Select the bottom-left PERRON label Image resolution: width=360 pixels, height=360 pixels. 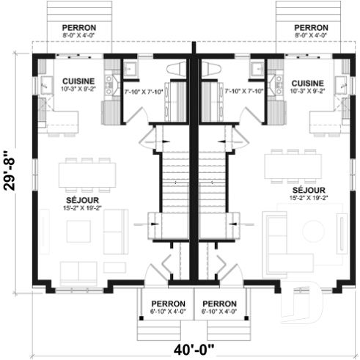pos(168,304)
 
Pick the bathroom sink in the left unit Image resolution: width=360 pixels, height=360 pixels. pos(133,70)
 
